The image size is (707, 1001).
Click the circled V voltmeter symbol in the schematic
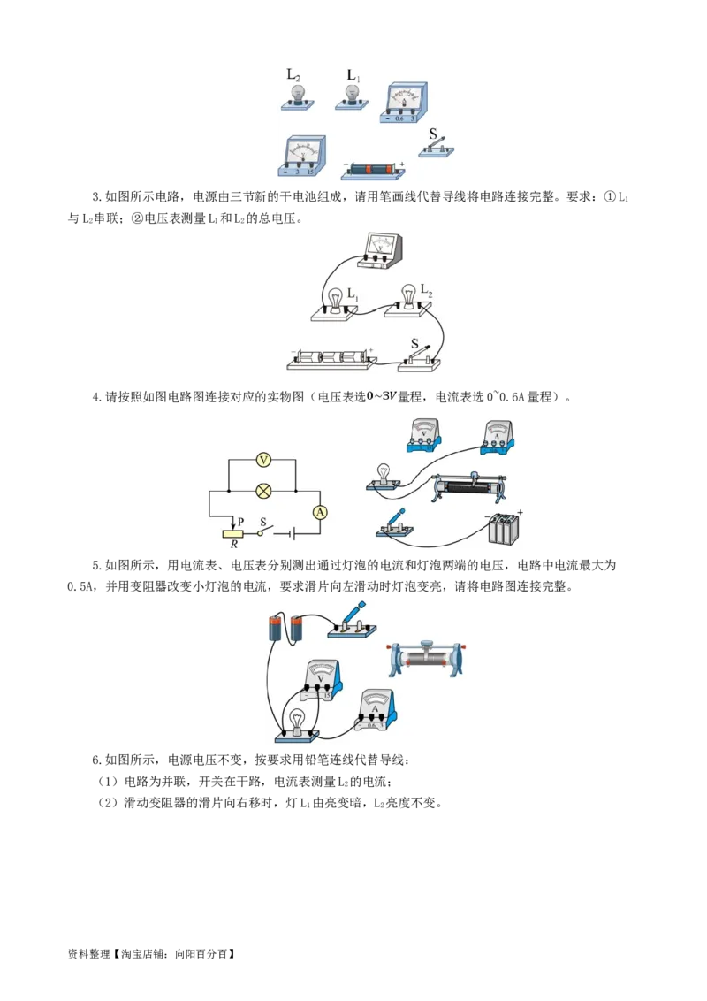[x=262, y=460]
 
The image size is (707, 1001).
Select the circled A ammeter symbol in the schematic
[x=320, y=512]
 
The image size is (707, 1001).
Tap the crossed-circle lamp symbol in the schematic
[x=262, y=491]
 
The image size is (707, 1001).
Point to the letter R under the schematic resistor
[x=234, y=545]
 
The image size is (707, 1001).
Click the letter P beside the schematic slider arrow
[x=240, y=522]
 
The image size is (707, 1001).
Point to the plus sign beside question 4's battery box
[x=520, y=512]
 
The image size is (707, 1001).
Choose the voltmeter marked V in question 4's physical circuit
[x=423, y=435]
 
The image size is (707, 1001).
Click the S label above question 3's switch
[x=414, y=343]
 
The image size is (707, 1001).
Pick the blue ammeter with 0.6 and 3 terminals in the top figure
[x=404, y=103]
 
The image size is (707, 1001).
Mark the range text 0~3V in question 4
[x=382, y=396]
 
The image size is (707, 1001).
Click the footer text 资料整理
[x=88, y=954]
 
